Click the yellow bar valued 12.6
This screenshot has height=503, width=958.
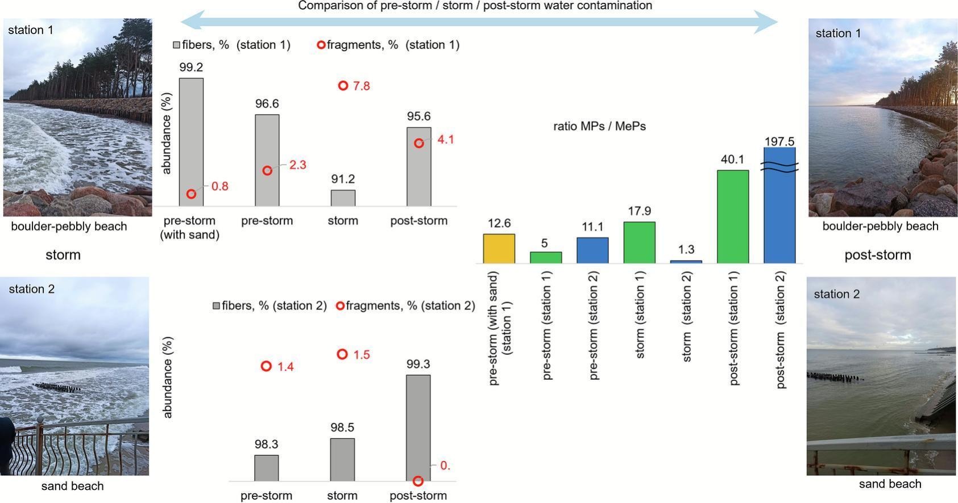tap(499, 249)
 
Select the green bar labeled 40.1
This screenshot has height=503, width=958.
tap(732, 216)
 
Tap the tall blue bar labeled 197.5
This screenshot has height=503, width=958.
tap(779, 206)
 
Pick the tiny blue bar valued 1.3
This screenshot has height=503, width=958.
tap(686, 262)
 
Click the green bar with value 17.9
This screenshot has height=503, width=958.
tap(639, 242)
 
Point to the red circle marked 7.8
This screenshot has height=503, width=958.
tap(343, 86)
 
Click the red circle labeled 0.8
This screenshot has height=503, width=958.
tap(192, 194)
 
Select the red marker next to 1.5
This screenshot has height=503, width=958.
tap(342, 354)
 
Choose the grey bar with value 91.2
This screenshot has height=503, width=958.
tap(343, 198)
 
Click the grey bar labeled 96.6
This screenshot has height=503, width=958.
tap(267, 160)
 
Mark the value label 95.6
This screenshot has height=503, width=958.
tap(418, 116)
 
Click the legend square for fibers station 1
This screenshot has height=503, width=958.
tap(177, 45)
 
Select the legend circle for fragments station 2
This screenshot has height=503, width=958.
tap(340, 306)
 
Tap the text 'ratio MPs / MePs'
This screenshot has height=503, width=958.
tap(599, 126)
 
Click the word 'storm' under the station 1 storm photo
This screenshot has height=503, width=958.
tap(63, 255)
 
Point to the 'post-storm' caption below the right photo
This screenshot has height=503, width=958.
tap(877, 255)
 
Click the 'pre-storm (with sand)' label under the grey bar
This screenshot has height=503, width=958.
tap(189, 228)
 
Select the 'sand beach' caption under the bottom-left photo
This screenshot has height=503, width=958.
tap(72, 486)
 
